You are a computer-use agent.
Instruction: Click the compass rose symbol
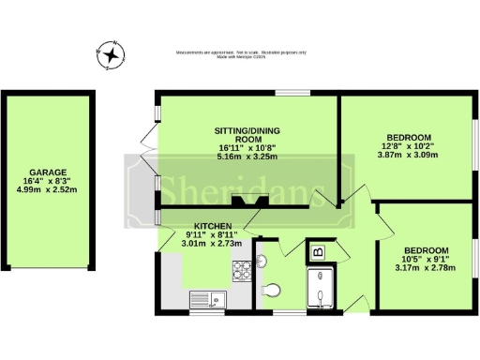[112, 55]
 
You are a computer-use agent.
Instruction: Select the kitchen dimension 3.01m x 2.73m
[210, 244]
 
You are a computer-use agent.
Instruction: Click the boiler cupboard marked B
[317, 250]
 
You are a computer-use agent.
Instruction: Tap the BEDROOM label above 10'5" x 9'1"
[427, 250]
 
